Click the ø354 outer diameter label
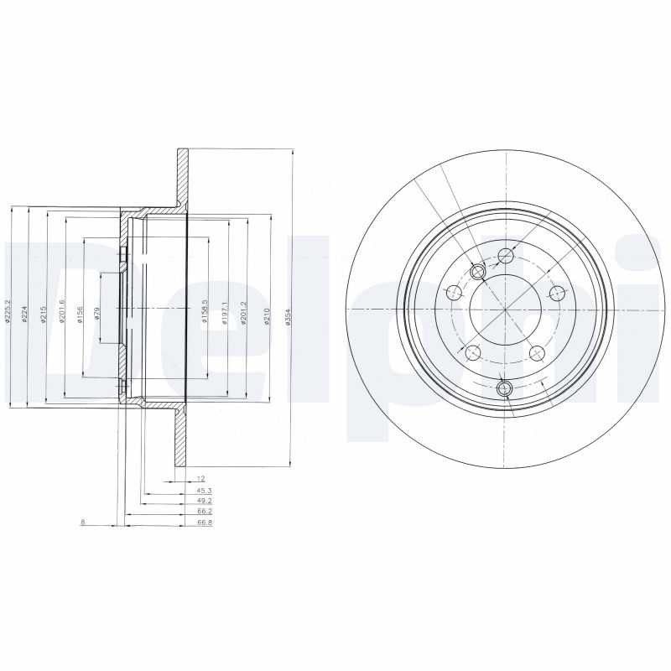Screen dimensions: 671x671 tap(287, 320)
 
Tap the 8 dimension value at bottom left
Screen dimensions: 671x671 tap(82, 523)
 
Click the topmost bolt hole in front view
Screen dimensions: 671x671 tap(505, 256)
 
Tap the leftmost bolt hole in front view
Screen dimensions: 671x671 tap(454, 293)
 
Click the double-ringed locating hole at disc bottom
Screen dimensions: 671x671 tap(505, 388)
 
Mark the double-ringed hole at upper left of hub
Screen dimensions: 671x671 tap(479, 272)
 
